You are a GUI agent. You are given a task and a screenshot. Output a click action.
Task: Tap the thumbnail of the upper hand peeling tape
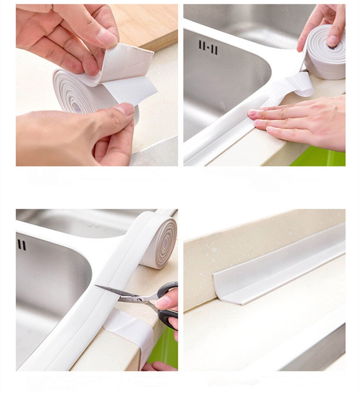click(x=107, y=37)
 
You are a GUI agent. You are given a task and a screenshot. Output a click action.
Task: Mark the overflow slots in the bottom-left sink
click(x=21, y=245)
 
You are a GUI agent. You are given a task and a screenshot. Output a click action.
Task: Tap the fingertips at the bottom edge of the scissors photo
click(x=158, y=367)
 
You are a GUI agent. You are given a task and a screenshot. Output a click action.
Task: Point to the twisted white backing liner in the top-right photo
click(x=295, y=85)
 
